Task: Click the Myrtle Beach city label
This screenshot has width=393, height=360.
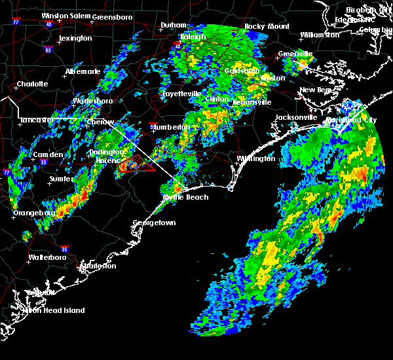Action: click(x=185, y=197)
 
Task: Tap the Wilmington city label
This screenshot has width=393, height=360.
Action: click(x=256, y=159)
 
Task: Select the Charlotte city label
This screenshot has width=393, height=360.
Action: click(x=32, y=84)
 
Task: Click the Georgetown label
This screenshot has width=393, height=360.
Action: click(x=155, y=223)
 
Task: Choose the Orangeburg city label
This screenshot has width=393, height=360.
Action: click(x=34, y=213)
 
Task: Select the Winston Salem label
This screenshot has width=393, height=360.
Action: click(x=65, y=16)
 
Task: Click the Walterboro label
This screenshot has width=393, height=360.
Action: click(x=49, y=257)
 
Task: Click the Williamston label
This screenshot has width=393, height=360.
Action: click(x=321, y=35)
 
